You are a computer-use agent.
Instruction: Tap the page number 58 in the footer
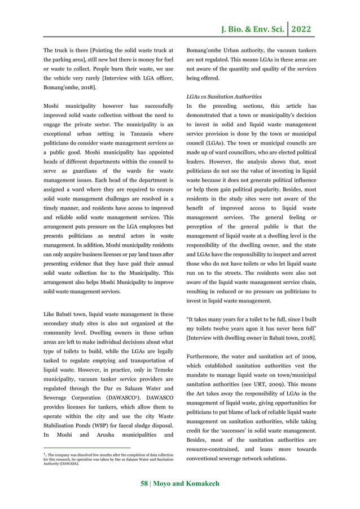(x=145, y=484)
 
